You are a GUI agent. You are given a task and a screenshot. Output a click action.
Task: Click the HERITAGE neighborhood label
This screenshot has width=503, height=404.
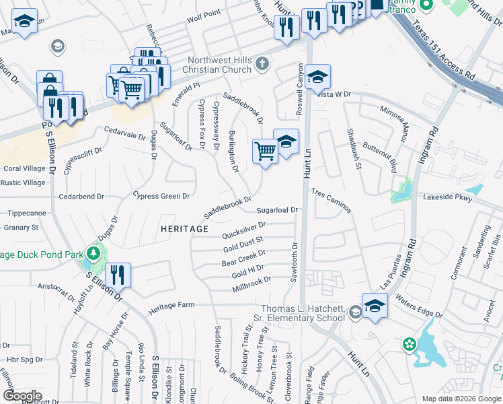coord(185,229)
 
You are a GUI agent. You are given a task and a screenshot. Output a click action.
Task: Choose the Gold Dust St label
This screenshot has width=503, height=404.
coord(243,243)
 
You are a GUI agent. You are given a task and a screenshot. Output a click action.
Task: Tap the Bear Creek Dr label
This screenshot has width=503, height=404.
coord(243,258)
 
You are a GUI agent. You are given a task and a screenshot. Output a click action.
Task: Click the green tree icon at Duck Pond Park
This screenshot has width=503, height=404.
coord(95,254)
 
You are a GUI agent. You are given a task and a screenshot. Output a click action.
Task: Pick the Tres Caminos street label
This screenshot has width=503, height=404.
coord(332,201)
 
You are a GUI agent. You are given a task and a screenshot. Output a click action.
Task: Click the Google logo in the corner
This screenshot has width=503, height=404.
coord(22,395)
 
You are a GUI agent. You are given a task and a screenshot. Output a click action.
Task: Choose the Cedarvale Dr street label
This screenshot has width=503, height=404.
coord(124,132)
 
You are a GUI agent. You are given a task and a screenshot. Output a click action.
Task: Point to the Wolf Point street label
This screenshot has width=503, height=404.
coord(204,13)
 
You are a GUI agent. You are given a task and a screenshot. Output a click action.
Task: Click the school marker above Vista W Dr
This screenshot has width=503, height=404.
coord(318,77)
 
